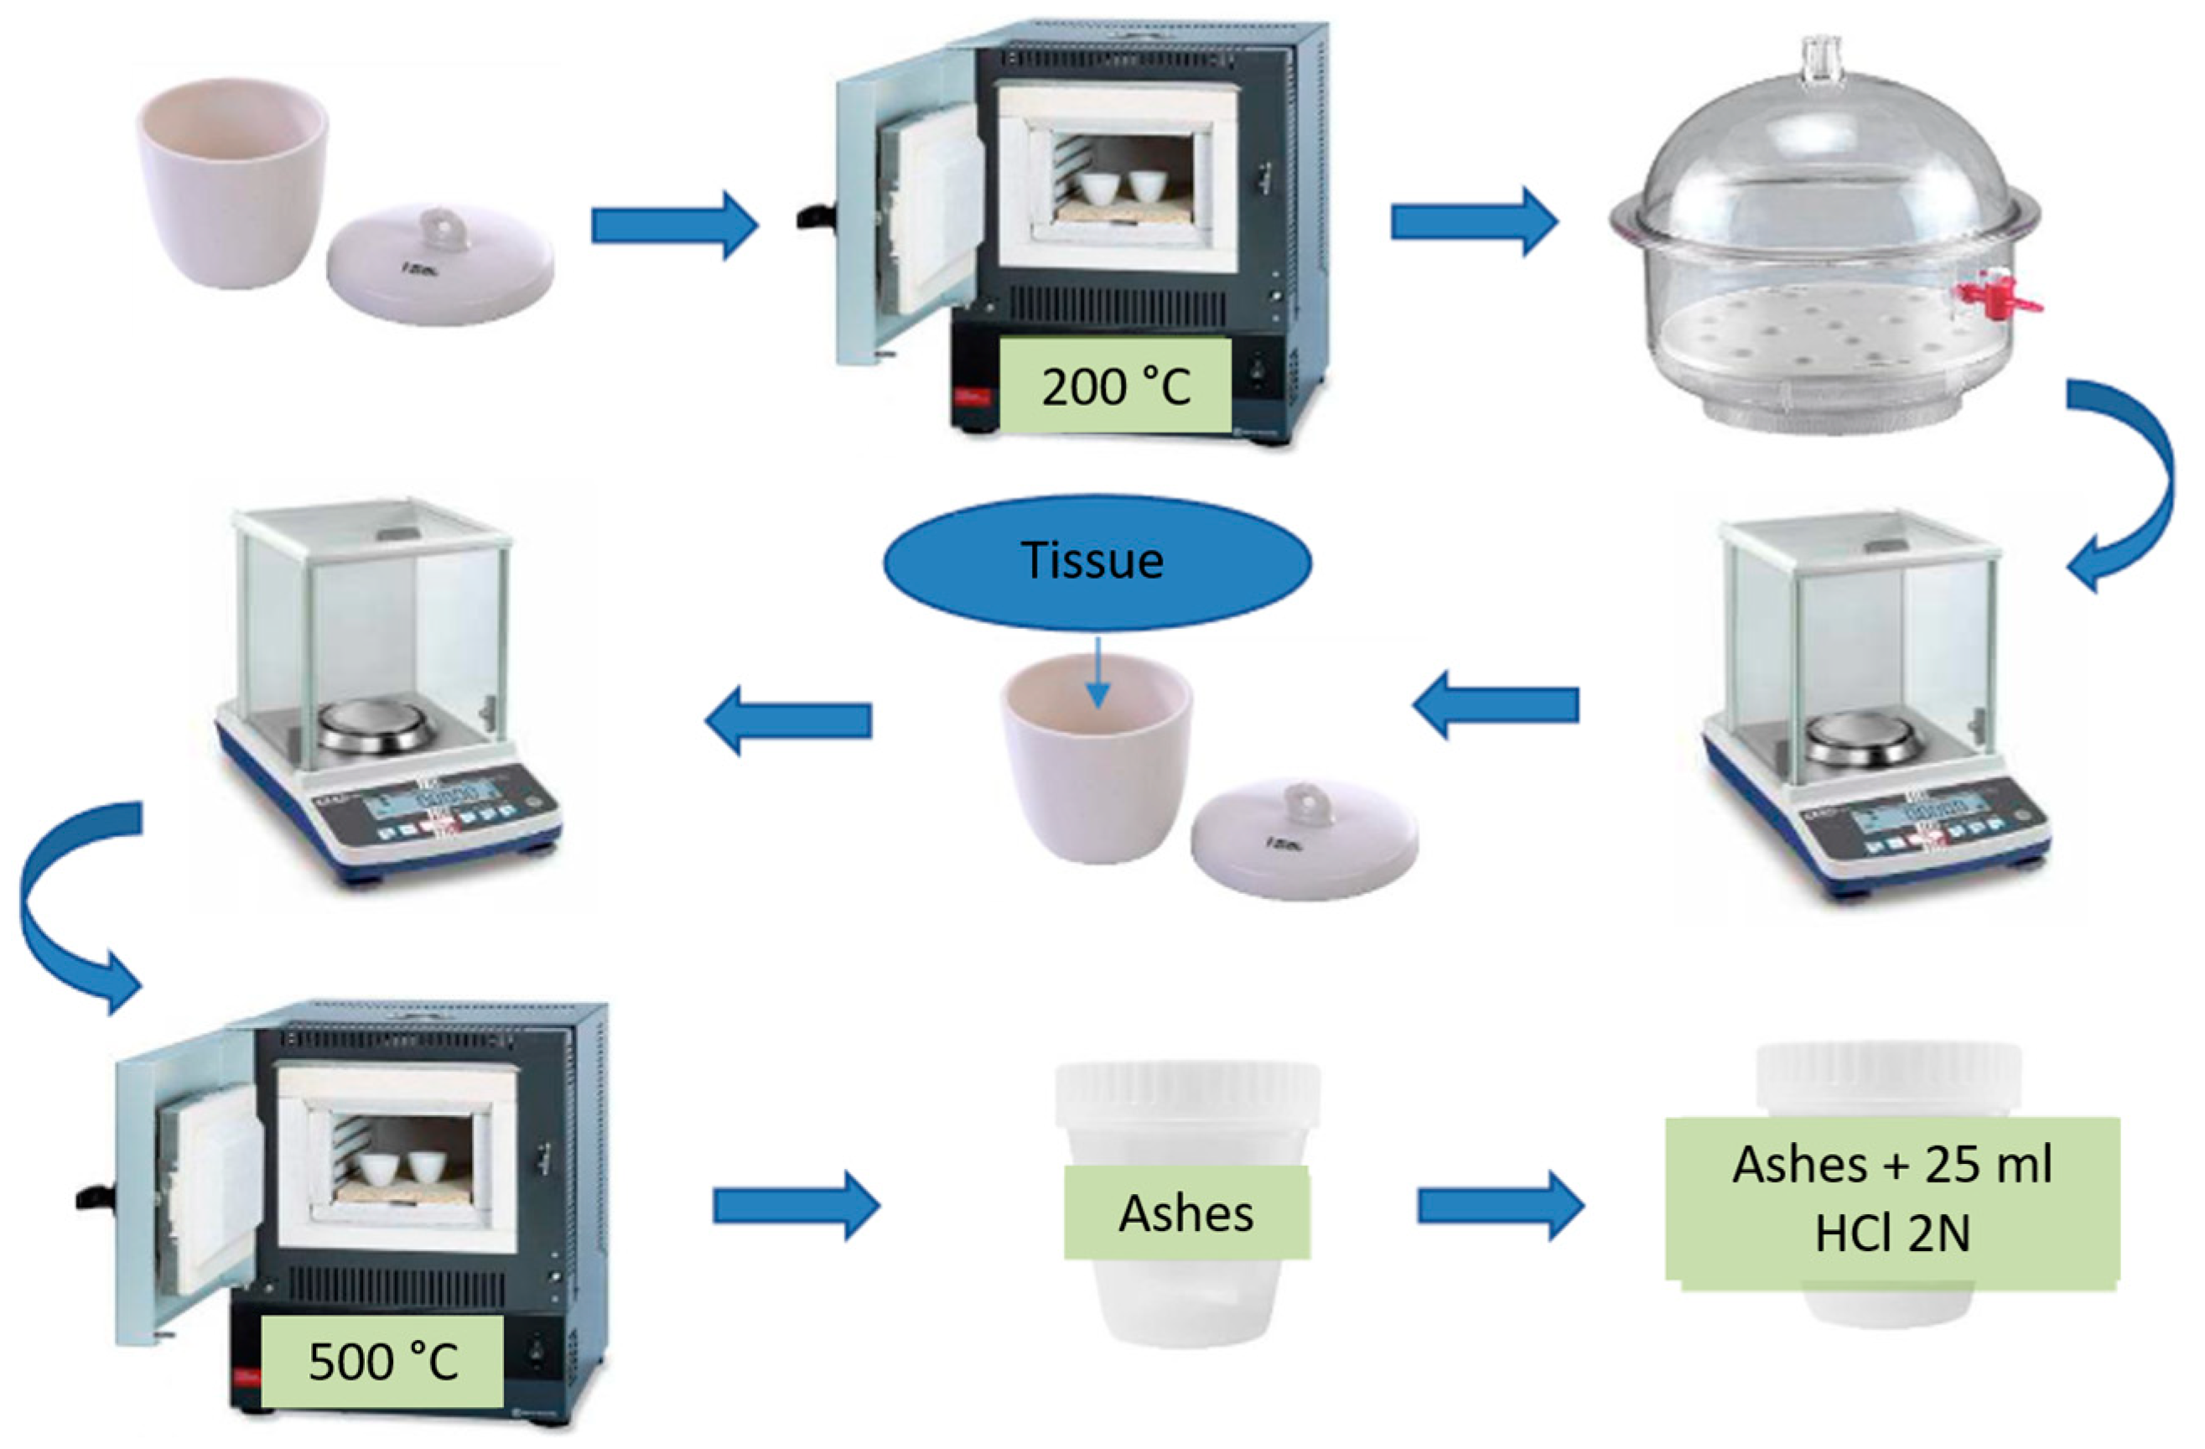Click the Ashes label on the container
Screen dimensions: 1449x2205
(x=1186, y=1213)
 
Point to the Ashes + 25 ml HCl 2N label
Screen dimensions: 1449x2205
(x=1891, y=1199)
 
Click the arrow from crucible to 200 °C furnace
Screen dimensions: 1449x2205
(x=674, y=225)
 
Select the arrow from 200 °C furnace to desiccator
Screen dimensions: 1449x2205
(x=1473, y=222)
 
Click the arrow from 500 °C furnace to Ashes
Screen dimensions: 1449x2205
(x=795, y=1204)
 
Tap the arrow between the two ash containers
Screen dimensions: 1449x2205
(x=1500, y=1205)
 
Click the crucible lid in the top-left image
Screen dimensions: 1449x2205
(x=440, y=264)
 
